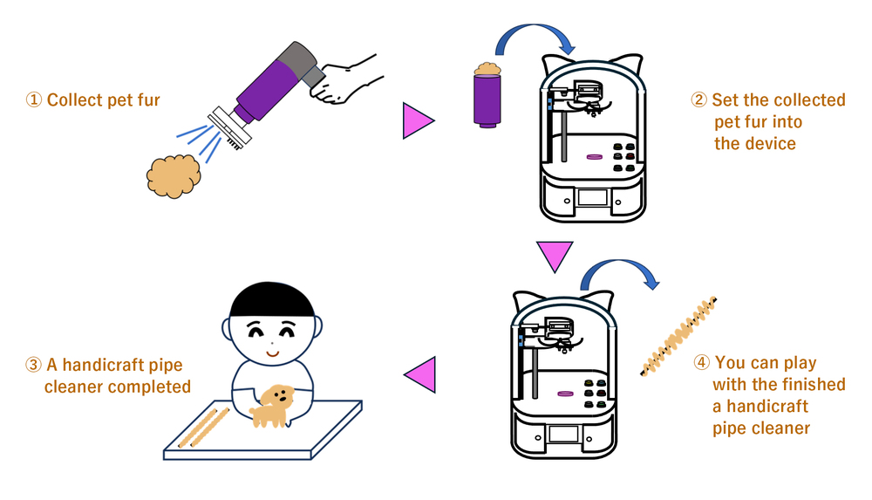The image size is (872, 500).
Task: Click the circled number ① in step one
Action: (34, 100)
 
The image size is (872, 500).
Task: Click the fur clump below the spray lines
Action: (174, 176)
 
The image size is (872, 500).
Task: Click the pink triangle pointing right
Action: (416, 120)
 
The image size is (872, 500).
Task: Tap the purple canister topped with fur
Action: (487, 96)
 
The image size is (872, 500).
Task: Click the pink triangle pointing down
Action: (555, 255)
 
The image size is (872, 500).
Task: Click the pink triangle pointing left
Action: (421, 374)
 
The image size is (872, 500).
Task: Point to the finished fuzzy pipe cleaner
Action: (678, 336)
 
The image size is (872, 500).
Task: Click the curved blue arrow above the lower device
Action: (618, 263)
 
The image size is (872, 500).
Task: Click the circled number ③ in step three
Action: (33, 365)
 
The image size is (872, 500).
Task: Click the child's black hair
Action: (272, 301)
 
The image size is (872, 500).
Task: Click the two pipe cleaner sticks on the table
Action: (203, 428)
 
